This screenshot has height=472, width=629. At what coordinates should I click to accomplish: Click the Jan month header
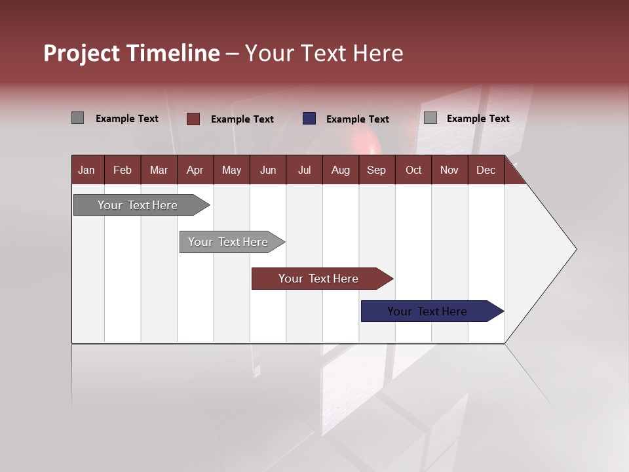point(86,170)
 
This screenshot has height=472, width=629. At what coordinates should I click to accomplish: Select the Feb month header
point(123,170)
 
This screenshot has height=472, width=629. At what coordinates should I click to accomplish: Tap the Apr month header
point(195,170)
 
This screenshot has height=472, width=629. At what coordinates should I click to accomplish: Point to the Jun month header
point(268,170)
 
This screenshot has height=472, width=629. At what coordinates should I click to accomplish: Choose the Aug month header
point(340,170)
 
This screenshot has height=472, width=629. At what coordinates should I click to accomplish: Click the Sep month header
point(376,170)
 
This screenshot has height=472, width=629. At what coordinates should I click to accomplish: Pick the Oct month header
point(413,170)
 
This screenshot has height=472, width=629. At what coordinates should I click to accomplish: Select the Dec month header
point(486,170)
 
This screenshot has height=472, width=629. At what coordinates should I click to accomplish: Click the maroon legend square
point(193,119)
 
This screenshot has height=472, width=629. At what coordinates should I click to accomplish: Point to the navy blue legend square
point(309,119)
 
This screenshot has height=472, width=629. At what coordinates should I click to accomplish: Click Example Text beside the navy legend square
point(357,119)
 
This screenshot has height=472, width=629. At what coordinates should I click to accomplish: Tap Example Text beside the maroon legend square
point(242,119)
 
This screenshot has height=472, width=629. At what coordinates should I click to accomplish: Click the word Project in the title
point(81,53)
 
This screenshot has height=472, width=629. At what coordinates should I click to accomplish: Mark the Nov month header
point(449,170)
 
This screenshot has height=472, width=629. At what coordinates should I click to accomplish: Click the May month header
point(231,170)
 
